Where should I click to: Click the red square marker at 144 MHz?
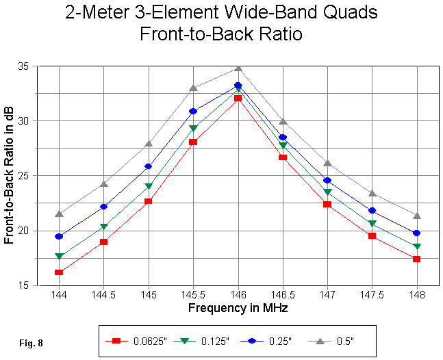click(x=59, y=272)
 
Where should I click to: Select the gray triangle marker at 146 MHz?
click(x=238, y=68)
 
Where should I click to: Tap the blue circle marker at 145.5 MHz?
click(x=193, y=111)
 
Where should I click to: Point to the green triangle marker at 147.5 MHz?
click(x=372, y=224)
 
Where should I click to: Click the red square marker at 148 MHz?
click(x=416, y=259)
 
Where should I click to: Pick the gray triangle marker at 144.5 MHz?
click(x=103, y=183)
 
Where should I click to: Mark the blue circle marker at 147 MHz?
click(x=327, y=181)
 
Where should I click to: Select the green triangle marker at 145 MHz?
click(x=148, y=186)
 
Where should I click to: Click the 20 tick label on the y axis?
click(x=27, y=231)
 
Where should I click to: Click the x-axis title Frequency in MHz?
click(x=238, y=308)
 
